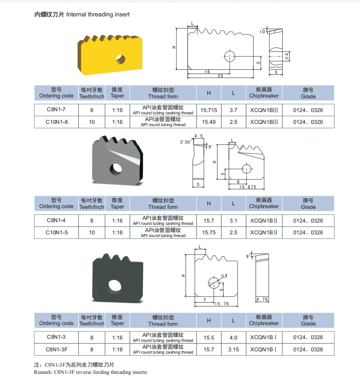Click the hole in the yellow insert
(121, 59)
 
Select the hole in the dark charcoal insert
(114, 285)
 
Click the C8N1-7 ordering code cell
(56, 110)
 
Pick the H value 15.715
(209, 110)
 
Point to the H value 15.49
(209, 122)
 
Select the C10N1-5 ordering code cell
(56, 232)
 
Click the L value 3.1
(234, 221)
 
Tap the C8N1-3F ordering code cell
(56, 349)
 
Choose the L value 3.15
(234, 349)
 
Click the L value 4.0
(234, 338)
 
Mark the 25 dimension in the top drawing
(220, 76)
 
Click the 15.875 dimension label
(248, 187)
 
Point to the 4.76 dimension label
(262, 300)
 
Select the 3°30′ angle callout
(186, 142)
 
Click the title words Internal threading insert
(98, 14)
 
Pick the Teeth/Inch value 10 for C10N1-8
(92, 122)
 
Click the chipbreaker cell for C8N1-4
(264, 221)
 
